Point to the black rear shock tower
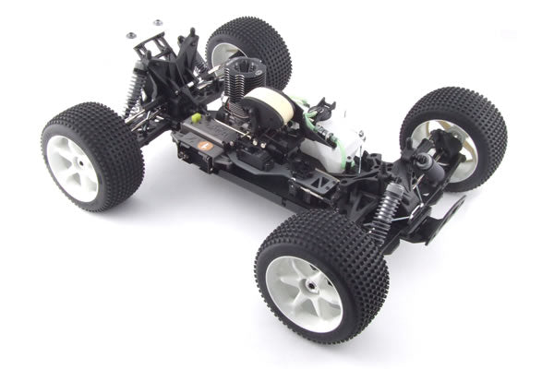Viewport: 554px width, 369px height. tap(175, 55)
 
